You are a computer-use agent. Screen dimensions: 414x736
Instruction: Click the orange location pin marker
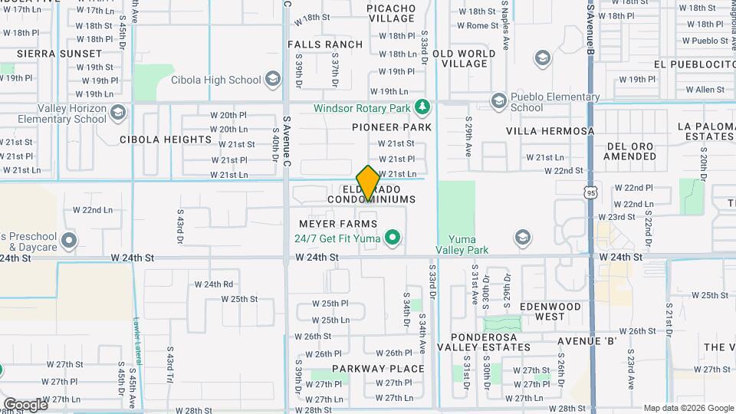[x=368, y=183]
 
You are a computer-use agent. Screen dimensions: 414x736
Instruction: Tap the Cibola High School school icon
[x=272, y=80]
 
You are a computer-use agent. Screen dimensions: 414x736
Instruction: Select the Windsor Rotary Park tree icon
[x=420, y=107]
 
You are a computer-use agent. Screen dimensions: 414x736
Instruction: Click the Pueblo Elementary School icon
[x=499, y=101]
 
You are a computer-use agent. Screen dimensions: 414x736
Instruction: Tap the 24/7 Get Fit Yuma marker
[x=393, y=238]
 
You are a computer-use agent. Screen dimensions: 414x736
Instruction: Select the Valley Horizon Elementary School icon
[x=118, y=114]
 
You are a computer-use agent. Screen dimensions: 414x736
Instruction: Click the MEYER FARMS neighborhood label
[x=338, y=224]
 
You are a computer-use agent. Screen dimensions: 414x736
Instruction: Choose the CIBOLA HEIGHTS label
[x=165, y=140]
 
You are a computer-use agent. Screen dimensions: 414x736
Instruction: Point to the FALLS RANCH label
[x=325, y=44]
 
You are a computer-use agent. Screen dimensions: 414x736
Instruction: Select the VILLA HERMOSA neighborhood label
[x=550, y=131]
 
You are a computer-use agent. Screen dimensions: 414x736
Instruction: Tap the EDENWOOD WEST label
[x=550, y=311]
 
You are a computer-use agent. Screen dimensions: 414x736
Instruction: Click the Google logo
[x=25, y=404]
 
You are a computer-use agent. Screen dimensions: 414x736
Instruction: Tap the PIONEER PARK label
[x=392, y=127]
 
